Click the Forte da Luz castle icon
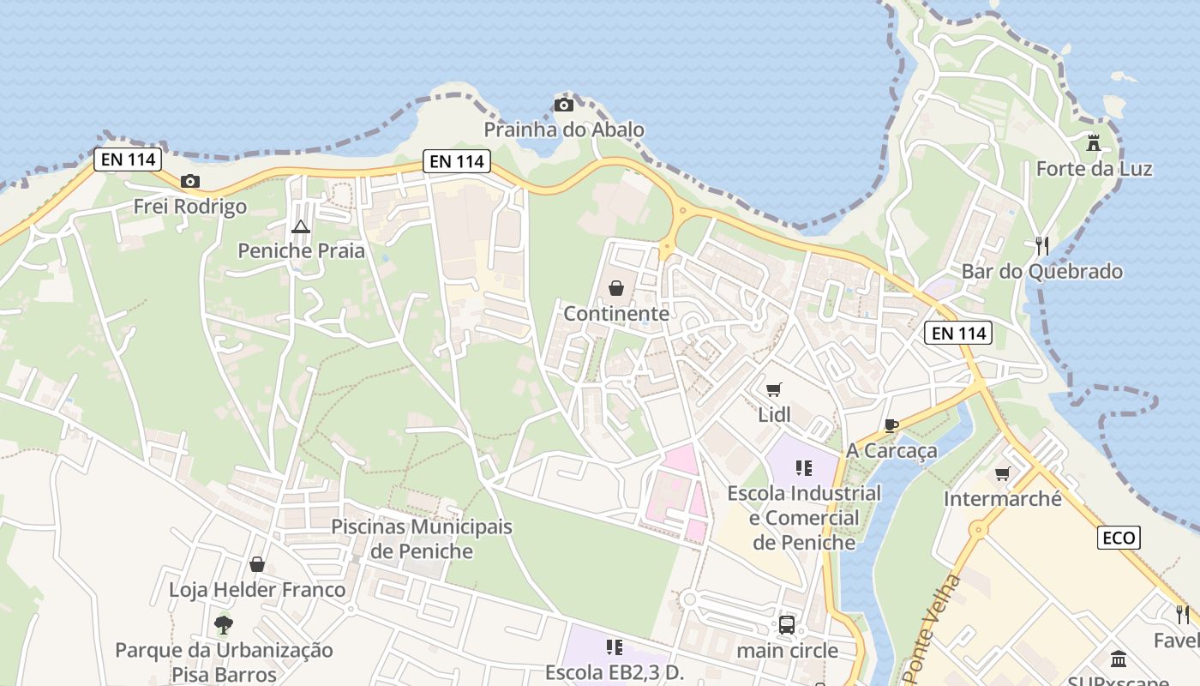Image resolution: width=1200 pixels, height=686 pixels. pos(1093,143)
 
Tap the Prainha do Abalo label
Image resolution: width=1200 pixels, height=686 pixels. pos(564,130)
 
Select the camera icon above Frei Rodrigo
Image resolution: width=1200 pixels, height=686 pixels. pos(190,181)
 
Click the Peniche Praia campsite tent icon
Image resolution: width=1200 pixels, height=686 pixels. pos(300,226)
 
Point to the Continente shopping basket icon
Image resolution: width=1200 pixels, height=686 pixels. pos(615,288)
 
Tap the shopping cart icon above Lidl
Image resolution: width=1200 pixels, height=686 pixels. pos(774,390)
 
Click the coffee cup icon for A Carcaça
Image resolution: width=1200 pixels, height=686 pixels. pos(891,425)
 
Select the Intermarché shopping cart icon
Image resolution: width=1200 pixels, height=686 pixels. pos(1002,473)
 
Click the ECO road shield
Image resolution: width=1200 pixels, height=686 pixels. pos(1119,538)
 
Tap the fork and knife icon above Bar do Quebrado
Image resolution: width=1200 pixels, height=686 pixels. pos(1042,246)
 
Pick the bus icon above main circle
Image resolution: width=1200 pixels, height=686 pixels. pos(787,625)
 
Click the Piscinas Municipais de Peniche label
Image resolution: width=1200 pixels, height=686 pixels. pos(422,539)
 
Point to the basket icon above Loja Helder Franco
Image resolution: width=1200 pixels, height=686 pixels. pos(256,564)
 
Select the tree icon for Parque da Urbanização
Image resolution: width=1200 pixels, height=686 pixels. pos(224,624)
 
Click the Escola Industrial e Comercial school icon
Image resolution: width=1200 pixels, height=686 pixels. pos(804,468)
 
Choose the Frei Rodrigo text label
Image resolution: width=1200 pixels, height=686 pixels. pos(190,207)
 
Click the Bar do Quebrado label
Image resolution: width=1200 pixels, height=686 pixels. pos(1041,272)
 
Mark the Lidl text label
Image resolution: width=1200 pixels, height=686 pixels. pos(774,415)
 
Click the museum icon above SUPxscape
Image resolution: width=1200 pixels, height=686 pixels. pos(1119,659)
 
